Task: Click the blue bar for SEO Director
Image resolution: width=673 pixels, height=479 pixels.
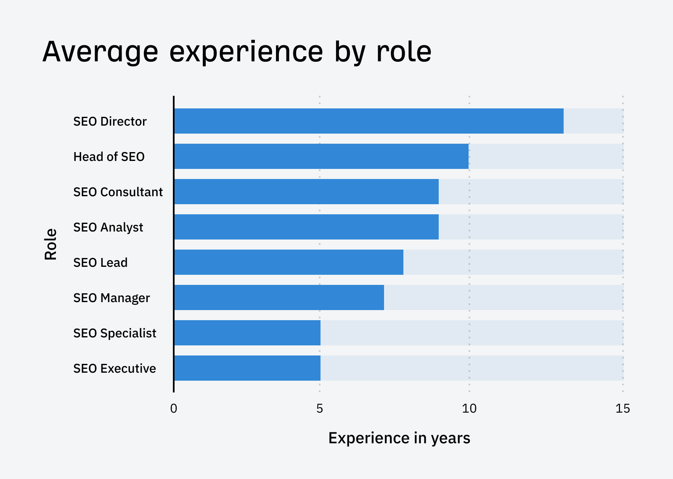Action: click(x=368, y=121)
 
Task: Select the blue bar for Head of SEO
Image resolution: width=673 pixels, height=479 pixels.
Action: click(x=321, y=156)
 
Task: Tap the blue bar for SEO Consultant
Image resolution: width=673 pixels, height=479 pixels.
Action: click(x=306, y=192)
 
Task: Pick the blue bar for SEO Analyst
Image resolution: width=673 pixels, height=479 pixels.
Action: click(x=306, y=227)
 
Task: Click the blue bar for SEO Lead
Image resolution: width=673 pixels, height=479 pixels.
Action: click(x=289, y=262)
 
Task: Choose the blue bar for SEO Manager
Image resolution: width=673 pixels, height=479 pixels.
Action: click(x=279, y=297)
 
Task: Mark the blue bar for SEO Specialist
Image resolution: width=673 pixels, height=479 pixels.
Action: click(x=247, y=333)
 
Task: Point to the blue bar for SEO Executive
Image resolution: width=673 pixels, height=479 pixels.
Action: click(x=247, y=368)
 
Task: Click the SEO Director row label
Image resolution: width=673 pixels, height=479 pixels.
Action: click(x=110, y=121)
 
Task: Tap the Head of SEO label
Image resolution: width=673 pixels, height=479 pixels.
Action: click(x=109, y=157)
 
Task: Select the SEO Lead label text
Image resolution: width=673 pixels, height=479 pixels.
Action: click(x=100, y=263)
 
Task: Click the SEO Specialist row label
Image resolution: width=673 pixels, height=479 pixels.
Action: click(x=114, y=333)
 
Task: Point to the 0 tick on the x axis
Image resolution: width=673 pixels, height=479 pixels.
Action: click(x=174, y=408)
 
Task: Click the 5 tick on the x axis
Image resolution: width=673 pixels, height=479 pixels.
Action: click(x=320, y=408)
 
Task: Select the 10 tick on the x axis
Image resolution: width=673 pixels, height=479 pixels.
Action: click(x=469, y=408)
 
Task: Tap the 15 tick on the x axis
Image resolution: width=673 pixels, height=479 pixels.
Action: click(x=623, y=408)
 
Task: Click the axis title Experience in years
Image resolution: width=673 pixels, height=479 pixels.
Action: click(x=399, y=438)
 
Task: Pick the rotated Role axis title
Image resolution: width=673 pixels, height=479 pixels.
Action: click(x=50, y=245)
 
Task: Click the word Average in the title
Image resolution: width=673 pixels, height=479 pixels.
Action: click(x=100, y=52)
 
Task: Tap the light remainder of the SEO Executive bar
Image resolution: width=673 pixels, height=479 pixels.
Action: click(x=471, y=368)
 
